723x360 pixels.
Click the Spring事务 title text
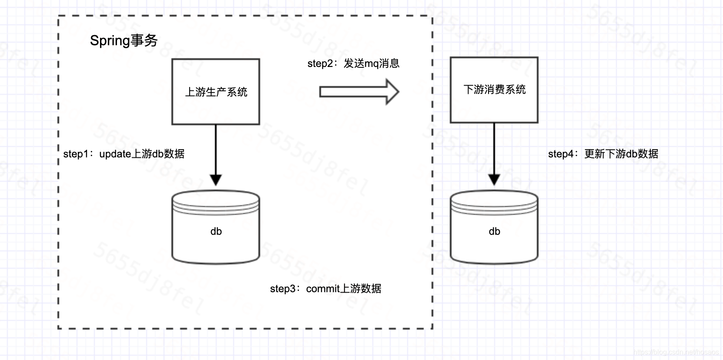pyautogui.click(x=124, y=41)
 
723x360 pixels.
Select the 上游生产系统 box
pyautogui.click(x=216, y=92)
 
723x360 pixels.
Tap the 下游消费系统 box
pyautogui.click(x=494, y=90)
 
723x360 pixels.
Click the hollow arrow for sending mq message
pyautogui.click(x=358, y=92)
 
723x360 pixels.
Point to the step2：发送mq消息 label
pyautogui.click(x=353, y=63)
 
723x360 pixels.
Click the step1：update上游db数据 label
pyautogui.click(x=124, y=154)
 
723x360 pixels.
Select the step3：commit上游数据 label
pyautogui.click(x=325, y=289)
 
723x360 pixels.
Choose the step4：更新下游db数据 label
pyautogui.click(x=603, y=154)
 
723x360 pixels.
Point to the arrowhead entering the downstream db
pyautogui.click(x=494, y=179)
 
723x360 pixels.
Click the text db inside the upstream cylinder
pyautogui.click(x=216, y=231)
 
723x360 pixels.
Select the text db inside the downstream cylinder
pyautogui.click(x=495, y=231)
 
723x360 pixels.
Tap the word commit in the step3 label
pyautogui.click(x=323, y=289)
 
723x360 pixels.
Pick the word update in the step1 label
pyautogui.click(x=115, y=154)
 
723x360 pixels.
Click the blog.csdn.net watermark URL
pyautogui.click(x=676, y=352)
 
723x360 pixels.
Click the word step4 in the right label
pyautogui.click(x=561, y=154)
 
